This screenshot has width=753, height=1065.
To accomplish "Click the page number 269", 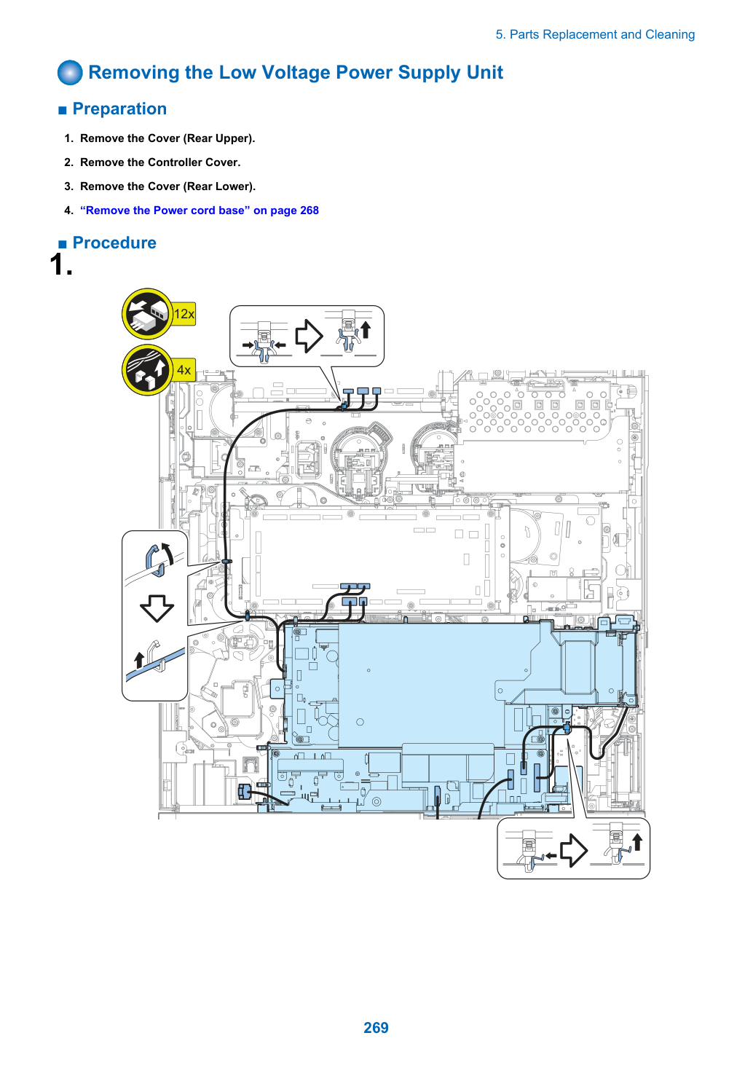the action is point(376,1027).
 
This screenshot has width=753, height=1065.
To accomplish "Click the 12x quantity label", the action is point(184,314).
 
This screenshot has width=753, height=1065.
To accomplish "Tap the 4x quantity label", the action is point(184,370).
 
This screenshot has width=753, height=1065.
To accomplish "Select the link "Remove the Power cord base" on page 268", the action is point(200,210).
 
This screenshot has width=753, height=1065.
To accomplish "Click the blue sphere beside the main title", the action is point(70,73).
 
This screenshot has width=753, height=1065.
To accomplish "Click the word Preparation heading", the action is point(119,109).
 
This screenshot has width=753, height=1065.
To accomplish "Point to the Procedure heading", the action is point(114,243).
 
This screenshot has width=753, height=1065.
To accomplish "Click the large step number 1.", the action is point(61,264).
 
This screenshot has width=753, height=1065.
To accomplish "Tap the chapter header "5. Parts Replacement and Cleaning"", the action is point(595,34).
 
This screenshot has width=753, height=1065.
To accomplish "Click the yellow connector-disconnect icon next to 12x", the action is point(147,313).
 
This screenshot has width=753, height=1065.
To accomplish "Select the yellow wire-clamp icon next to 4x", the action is point(147,370).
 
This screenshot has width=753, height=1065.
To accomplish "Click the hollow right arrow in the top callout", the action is point(309,336).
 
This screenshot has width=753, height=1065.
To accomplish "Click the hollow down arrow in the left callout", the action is point(157,608).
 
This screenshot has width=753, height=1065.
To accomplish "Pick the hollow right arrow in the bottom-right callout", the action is point(574,851).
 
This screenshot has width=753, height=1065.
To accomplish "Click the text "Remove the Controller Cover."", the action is point(160,162).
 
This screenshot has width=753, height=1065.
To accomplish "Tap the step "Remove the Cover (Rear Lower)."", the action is point(167,186).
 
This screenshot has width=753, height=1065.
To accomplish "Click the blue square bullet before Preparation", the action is point(63,111).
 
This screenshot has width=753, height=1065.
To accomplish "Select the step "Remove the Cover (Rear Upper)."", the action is point(167,138).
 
